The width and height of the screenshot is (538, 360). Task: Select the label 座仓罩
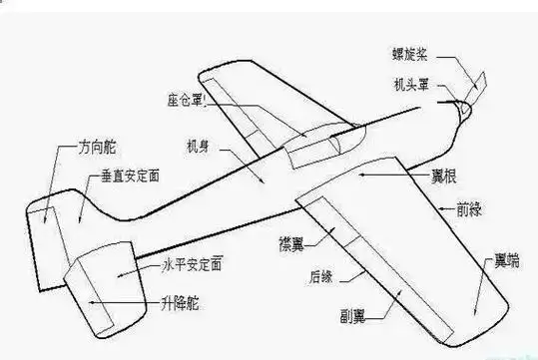point(186,102)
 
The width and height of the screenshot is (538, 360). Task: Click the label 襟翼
point(292,242)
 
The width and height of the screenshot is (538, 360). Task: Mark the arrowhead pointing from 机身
point(262,181)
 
